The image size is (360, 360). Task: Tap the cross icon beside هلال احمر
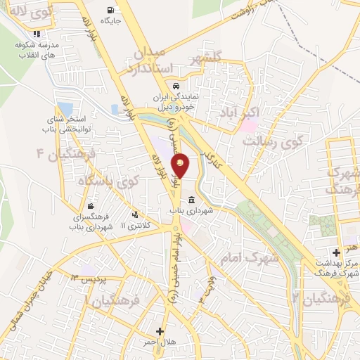tap(160, 331)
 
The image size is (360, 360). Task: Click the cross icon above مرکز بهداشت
tap(337, 252)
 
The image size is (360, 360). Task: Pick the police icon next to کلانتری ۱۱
tap(134, 215)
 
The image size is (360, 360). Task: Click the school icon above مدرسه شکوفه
tap(36, 33)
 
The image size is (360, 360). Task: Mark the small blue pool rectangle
tap(65, 109)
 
